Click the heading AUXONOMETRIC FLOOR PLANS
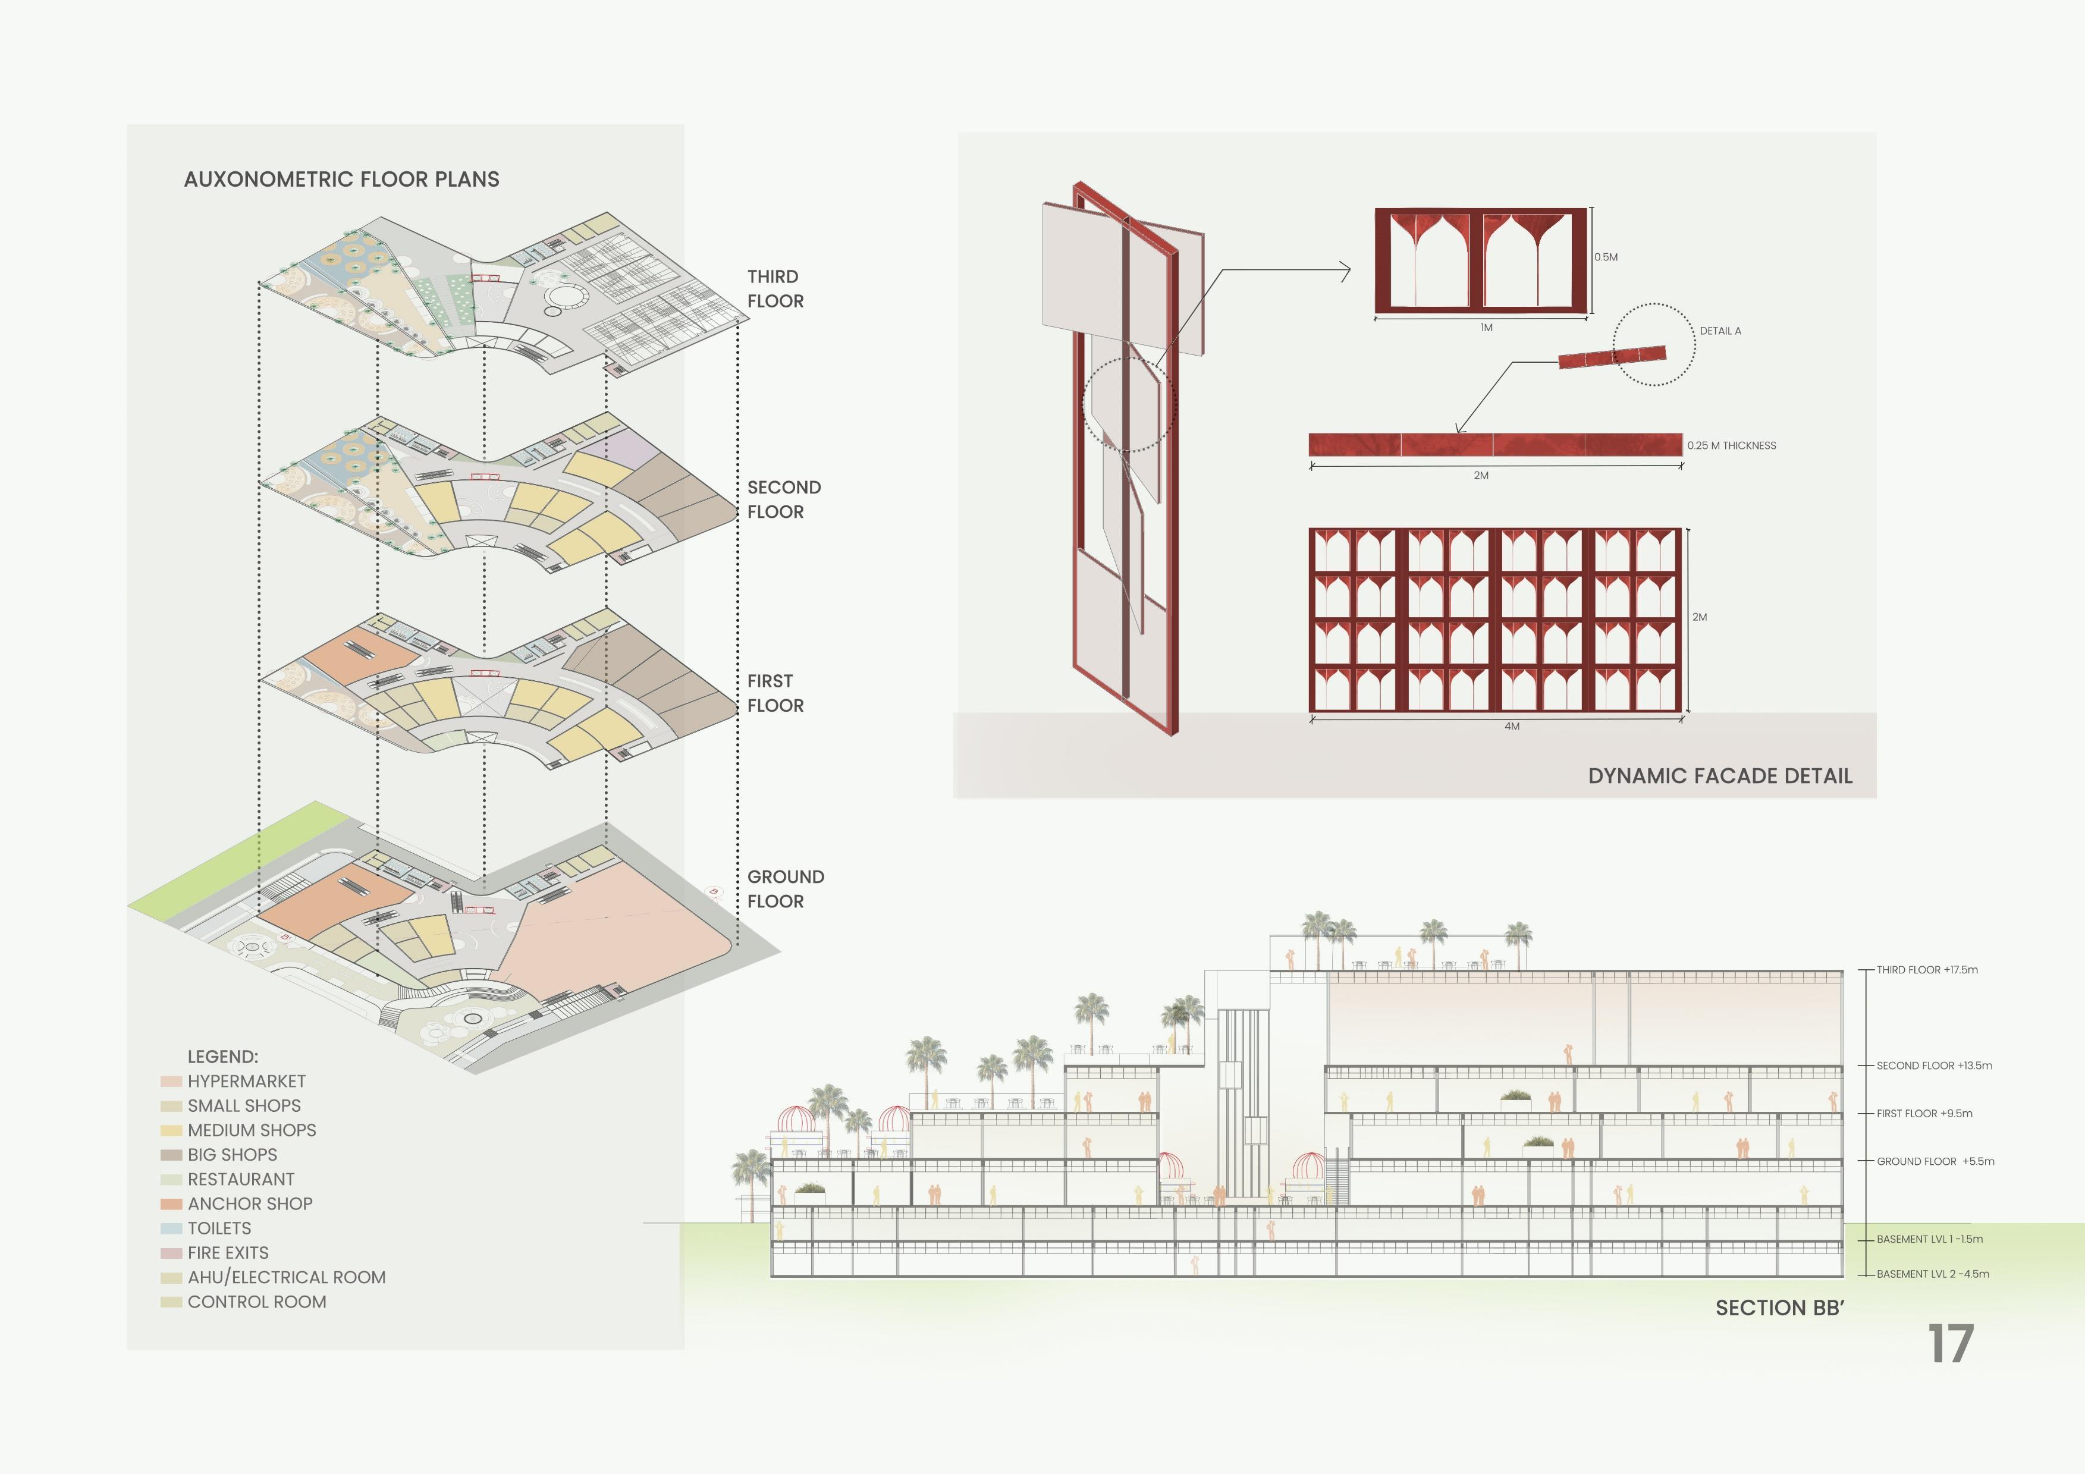pos(341,179)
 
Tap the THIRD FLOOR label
pos(775,289)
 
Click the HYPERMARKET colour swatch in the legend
pos(171,1082)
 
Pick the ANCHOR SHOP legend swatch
pos(171,1204)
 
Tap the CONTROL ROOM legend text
pos(257,1302)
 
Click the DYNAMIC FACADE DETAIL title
pos(1720,775)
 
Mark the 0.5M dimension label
pos(1606,257)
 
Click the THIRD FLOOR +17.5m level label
pos(1927,970)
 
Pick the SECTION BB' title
pos(1779,1308)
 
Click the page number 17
pos(1951,1344)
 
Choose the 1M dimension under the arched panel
pos(1486,328)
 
